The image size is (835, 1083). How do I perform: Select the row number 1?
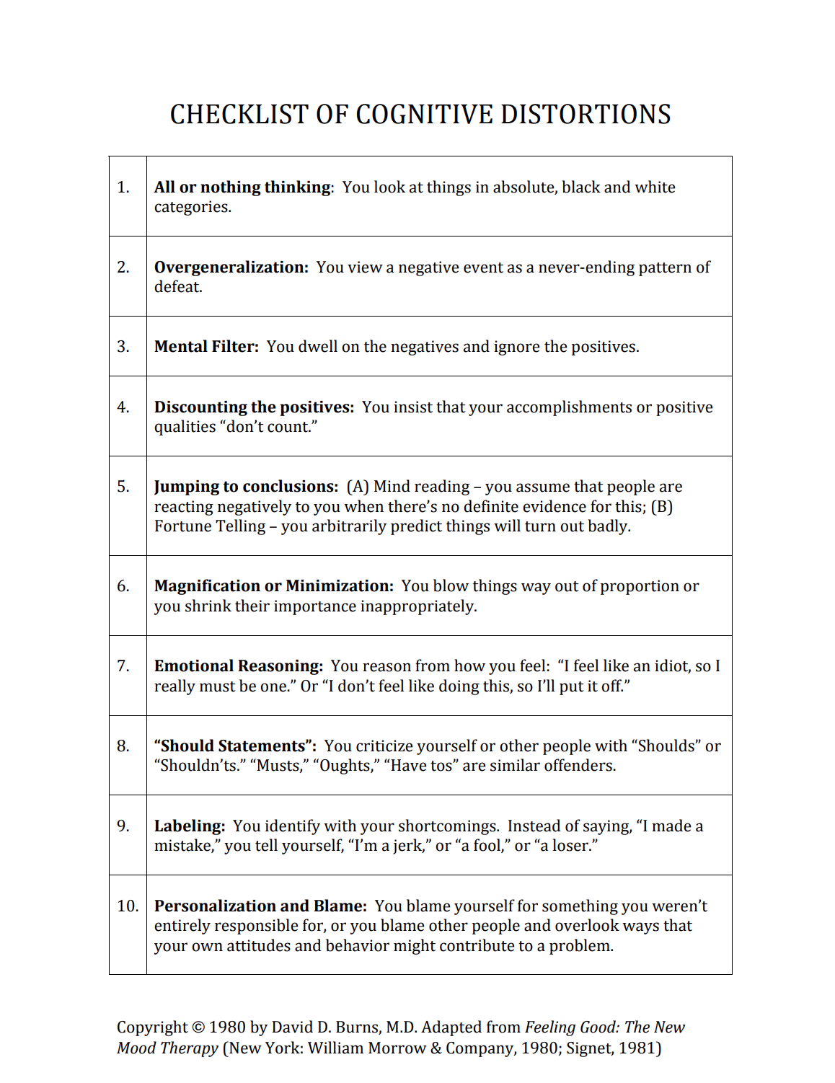tap(123, 187)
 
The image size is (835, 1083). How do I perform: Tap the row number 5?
tap(123, 487)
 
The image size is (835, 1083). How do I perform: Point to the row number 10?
tap(128, 906)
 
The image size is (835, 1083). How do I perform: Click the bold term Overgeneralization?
tap(231, 268)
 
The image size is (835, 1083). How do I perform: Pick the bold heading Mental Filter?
tap(206, 347)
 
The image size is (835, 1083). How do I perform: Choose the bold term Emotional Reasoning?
tap(238, 666)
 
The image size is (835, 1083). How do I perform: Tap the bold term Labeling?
tap(189, 826)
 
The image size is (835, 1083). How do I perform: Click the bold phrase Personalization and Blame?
tap(260, 906)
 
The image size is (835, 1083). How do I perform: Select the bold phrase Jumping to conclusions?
tap(245, 487)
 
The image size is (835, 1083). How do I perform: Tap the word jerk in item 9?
tap(407, 846)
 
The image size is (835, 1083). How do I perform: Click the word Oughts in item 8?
tap(345, 766)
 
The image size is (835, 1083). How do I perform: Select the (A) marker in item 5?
tap(358, 487)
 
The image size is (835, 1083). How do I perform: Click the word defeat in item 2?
tap(177, 287)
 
